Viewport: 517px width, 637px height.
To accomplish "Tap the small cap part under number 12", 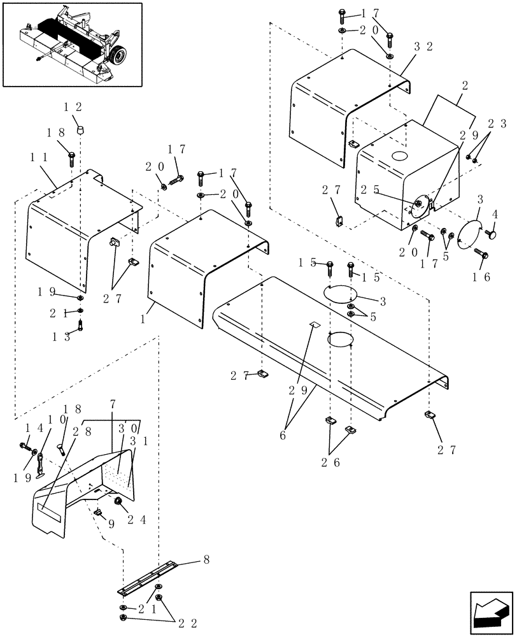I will [80, 129].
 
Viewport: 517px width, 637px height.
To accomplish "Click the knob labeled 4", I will [493, 235].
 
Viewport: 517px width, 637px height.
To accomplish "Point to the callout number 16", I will [482, 276].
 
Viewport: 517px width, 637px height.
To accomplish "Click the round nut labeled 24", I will [118, 503].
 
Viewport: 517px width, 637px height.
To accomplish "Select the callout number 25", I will [370, 189].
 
